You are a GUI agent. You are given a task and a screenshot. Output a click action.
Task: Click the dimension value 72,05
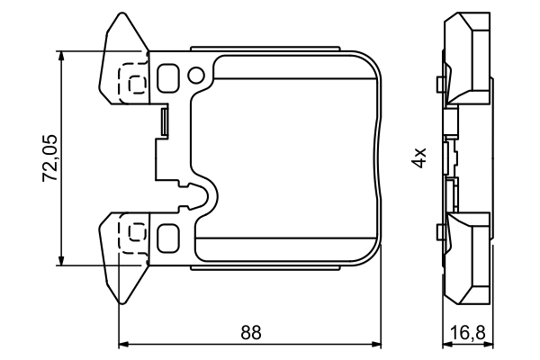point(50,158)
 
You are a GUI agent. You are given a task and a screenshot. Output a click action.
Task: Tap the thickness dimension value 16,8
point(467,333)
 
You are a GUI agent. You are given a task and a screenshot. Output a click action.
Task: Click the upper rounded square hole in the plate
point(168,78)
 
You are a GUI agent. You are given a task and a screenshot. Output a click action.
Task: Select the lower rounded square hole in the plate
point(168,238)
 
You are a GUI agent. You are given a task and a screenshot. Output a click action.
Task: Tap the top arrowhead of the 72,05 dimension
point(60,57)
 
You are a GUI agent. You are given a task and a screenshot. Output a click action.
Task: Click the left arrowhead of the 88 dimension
point(125,343)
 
